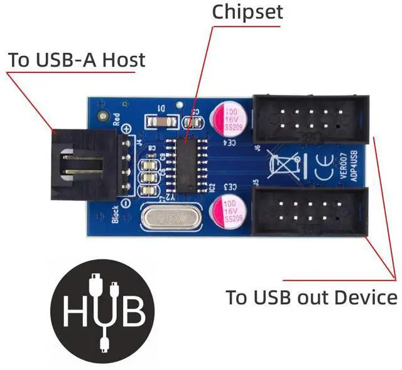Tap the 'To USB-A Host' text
click(76, 60)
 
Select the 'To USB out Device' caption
click(312, 297)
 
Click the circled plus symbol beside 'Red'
click(128, 128)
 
